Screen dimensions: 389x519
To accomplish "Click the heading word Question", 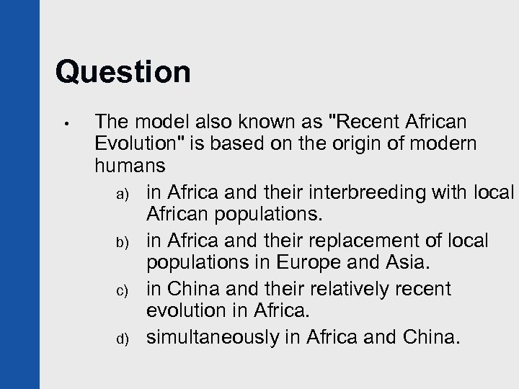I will (x=123, y=73).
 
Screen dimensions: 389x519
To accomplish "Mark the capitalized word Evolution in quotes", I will (x=138, y=143).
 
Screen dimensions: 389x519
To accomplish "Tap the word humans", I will (x=130, y=167).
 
